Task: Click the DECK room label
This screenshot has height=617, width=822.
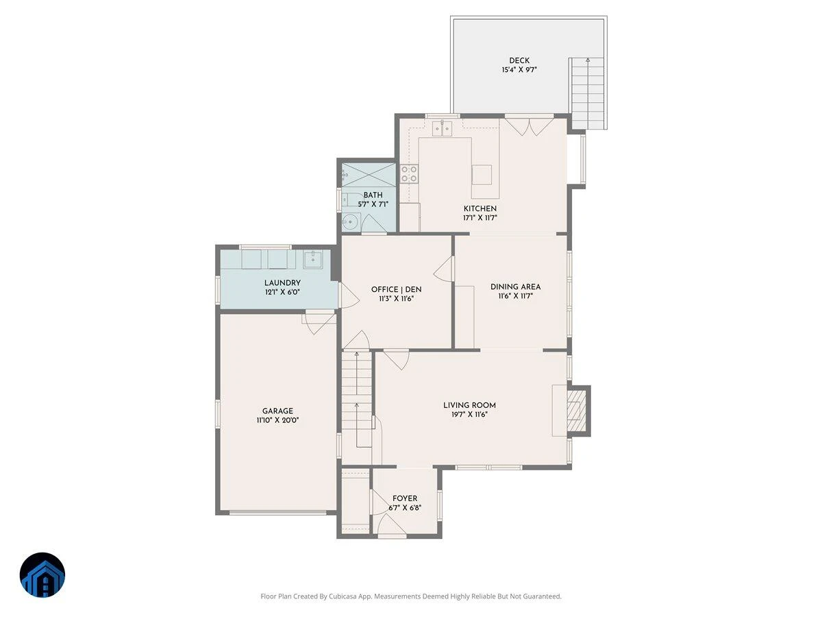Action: click(x=519, y=60)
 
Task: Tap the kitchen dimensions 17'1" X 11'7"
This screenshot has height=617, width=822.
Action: click(x=480, y=217)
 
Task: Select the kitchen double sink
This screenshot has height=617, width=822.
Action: click(x=442, y=128)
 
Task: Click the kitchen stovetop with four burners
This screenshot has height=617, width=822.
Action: click(x=409, y=174)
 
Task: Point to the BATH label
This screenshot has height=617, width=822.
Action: click(x=373, y=195)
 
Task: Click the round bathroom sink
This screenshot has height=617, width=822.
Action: click(x=351, y=223)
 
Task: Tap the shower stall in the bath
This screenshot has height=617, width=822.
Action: click(x=369, y=175)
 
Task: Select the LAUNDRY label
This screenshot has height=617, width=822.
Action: click(x=282, y=283)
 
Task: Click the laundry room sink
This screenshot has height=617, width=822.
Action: click(x=312, y=259)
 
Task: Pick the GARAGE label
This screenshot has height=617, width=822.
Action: click(x=277, y=411)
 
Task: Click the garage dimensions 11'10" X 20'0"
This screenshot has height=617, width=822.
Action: click(x=277, y=420)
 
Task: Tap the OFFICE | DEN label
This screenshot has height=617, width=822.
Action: click(x=396, y=289)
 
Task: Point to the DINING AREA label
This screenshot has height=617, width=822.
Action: click(x=515, y=287)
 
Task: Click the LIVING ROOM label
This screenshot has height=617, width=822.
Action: click(x=469, y=405)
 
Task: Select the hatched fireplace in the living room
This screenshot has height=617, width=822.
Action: click(x=576, y=411)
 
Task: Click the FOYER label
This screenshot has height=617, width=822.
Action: click(x=404, y=498)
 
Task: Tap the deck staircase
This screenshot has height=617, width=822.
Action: click(x=588, y=93)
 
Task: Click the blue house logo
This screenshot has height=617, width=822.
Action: click(x=42, y=574)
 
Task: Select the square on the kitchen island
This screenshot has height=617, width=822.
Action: click(x=482, y=175)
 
